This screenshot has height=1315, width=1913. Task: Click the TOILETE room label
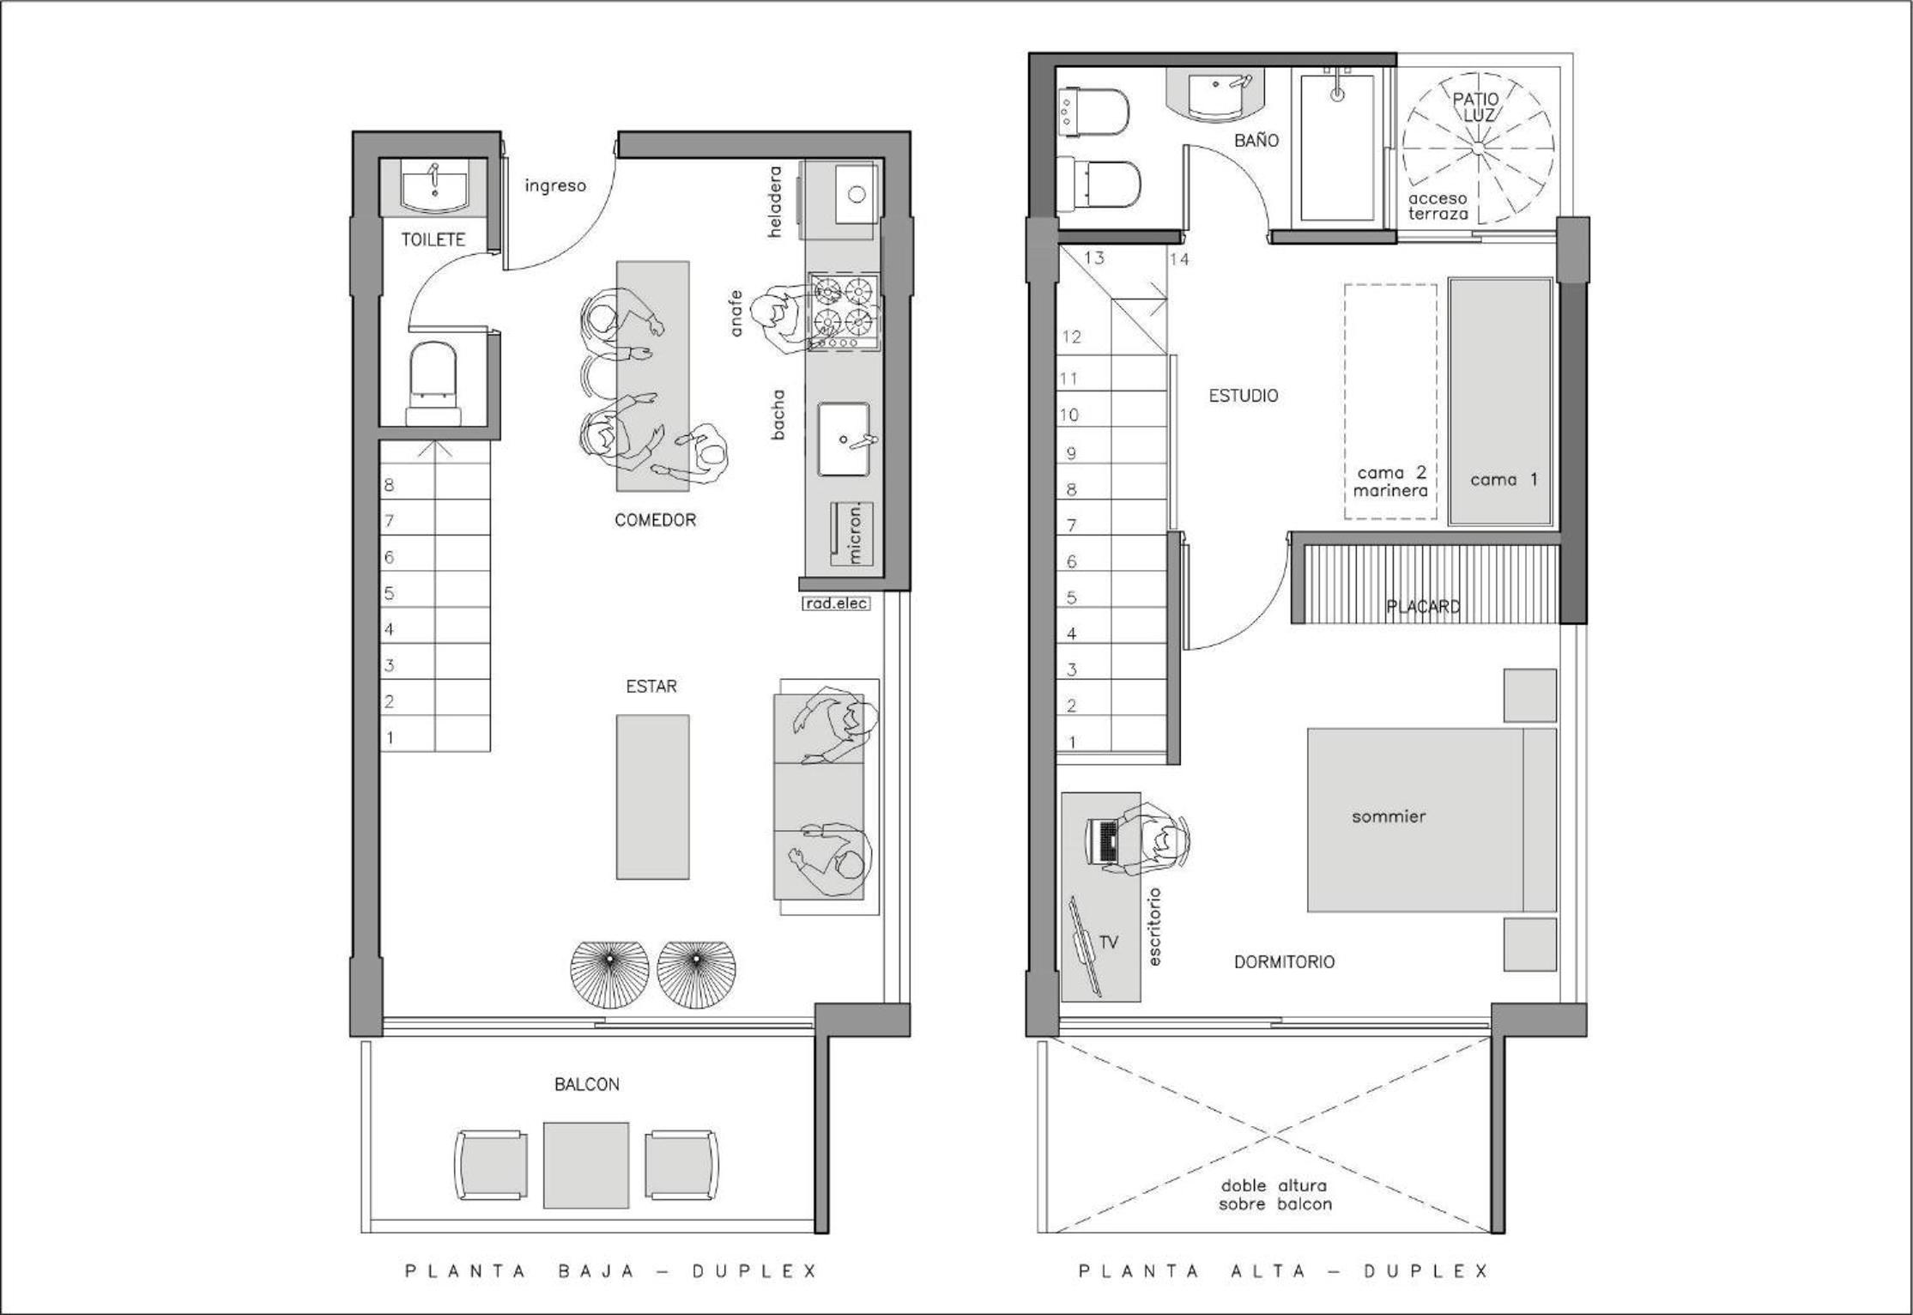(x=433, y=239)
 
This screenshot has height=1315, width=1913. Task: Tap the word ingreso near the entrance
(x=555, y=185)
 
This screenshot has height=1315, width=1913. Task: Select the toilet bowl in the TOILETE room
(x=434, y=384)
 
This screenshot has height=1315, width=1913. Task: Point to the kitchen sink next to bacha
(x=844, y=439)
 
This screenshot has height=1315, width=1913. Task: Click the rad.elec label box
(x=836, y=603)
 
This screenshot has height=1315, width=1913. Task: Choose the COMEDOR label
(x=655, y=520)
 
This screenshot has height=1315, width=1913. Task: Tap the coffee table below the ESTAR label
(x=652, y=797)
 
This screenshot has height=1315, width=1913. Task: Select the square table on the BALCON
(x=586, y=1165)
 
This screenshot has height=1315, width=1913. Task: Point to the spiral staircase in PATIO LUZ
(x=1478, y=148)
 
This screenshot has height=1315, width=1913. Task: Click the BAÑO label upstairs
(x=1256, y=140)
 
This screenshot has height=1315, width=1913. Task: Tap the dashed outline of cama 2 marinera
(x=1390, y=401)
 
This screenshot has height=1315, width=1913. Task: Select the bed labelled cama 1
(x=1501, y=401)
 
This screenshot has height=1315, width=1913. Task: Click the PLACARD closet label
(x=1424, y=607)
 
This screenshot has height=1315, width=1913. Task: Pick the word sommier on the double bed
(x=1389, y=816)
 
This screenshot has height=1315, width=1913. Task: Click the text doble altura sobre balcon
(x=1275, y=1195)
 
